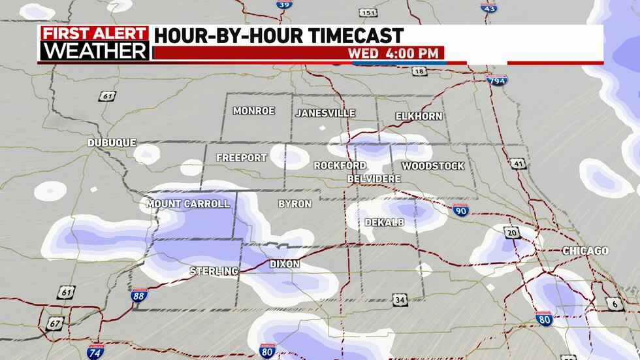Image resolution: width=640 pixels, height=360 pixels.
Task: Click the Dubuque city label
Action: click(x=112, y=142)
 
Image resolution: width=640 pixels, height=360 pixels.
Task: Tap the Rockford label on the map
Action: click(x=340, y=165)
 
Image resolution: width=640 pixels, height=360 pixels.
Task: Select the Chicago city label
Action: click(x=586, y=251)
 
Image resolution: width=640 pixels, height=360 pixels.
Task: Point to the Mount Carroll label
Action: click(x=188, y=204)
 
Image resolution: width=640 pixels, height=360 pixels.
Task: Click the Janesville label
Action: click(x=325, y=113)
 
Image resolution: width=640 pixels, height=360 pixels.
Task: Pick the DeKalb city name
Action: click(x=384, y=223)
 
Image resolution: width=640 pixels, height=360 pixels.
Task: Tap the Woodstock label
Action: click(x=432, y=166)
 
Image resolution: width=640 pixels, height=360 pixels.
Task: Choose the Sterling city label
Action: click(x=214, y=270)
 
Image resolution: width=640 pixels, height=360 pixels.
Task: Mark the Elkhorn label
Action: click(x=419, y=116)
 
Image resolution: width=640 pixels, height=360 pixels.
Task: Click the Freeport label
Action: click(x=242, y=158)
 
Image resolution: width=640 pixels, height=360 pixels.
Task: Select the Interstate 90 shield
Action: click(x=460, y=210)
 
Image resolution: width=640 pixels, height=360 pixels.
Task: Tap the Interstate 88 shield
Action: click(x=138, y=296)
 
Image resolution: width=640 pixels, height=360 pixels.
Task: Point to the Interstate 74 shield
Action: click(x=95, y=352)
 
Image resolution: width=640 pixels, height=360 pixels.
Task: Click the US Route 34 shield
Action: click(x=400, y=300)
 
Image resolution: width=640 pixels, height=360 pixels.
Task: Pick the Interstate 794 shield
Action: click(x=496, y=80)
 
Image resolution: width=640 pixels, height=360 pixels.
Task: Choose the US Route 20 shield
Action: click(x=511, y=232)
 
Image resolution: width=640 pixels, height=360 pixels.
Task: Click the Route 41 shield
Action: click(x=519, y=163)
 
